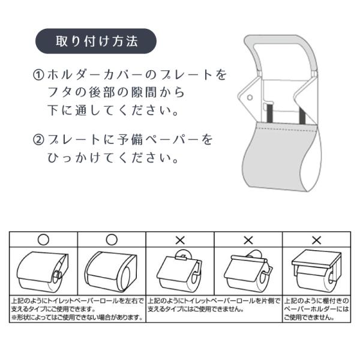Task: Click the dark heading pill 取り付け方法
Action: click(96, 41)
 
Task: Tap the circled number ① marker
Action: click(38, 75)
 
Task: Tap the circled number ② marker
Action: click(38, 140)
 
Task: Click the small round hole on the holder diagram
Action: click(250, 97)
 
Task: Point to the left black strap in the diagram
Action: click(269, 113)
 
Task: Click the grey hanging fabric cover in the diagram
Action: click(281, 156)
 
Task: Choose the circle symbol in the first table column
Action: click(43, 239)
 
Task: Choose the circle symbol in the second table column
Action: click(112, 239)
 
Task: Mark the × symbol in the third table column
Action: click(180, 241)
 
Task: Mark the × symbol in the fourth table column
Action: click(248, 241)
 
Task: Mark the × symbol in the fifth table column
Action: click(317, 241)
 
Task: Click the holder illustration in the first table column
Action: click(43, 272)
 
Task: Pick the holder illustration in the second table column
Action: click(111, 272)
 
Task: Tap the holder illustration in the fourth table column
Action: click(248, 271)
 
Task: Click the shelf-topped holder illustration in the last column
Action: click(317, 271)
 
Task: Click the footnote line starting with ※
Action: click(77, 317)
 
